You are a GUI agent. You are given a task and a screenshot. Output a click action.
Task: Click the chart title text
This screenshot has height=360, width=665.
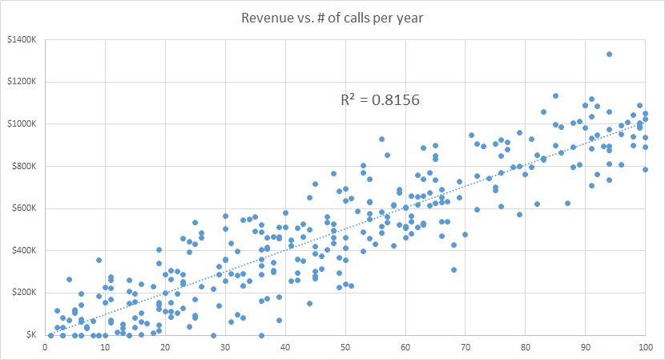click(x=333, y=18)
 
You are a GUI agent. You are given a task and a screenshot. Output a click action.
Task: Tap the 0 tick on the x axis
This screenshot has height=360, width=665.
click(x=45, y=347)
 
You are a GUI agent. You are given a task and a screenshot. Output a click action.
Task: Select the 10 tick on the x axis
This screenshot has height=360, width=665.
click(x=105, y=347)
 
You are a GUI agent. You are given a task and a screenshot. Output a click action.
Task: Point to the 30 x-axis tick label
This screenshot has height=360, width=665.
click(x=225, y=347)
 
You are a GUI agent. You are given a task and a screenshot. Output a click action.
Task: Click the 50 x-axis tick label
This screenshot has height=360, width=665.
click(x=345, y=347)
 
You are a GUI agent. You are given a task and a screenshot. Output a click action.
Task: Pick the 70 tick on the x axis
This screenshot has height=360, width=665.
click(x=465, y=347)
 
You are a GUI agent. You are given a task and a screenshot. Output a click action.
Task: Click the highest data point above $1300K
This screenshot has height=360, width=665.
click(x=609, y=55)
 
